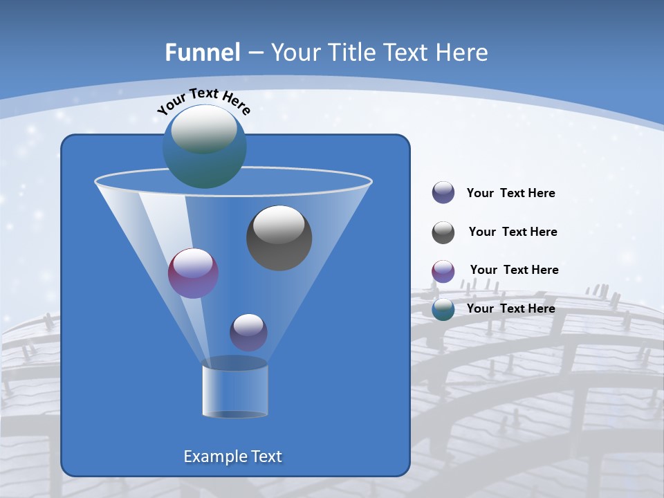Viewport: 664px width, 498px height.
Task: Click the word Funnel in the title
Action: click(202, 53)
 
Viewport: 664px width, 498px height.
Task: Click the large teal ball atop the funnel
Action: click(205, 146)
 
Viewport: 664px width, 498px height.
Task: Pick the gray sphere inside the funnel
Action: click(279, 237)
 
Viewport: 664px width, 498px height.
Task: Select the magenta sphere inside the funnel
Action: click(193, 273)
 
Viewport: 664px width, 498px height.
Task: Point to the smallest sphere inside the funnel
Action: click(248, 332)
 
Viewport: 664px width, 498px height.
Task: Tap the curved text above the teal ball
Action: click(204, 100)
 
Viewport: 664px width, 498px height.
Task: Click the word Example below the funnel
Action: click(214, 456)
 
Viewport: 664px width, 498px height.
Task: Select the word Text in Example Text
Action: click(266, 456)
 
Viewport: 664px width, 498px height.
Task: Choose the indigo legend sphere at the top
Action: click(443, 193)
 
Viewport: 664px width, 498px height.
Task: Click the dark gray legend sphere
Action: click(443, 232)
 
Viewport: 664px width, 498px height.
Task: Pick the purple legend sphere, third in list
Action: click(443, 271)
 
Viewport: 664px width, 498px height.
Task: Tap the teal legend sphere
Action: click(443, 309)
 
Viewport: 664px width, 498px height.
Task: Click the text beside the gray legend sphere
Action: click(513, 232)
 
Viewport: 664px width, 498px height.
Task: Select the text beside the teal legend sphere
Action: click(510, 308)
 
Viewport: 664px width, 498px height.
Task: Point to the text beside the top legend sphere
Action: click(510, 193)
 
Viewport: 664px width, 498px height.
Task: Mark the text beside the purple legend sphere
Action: click(514, 270)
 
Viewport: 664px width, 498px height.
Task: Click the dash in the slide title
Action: click(255, 53)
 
